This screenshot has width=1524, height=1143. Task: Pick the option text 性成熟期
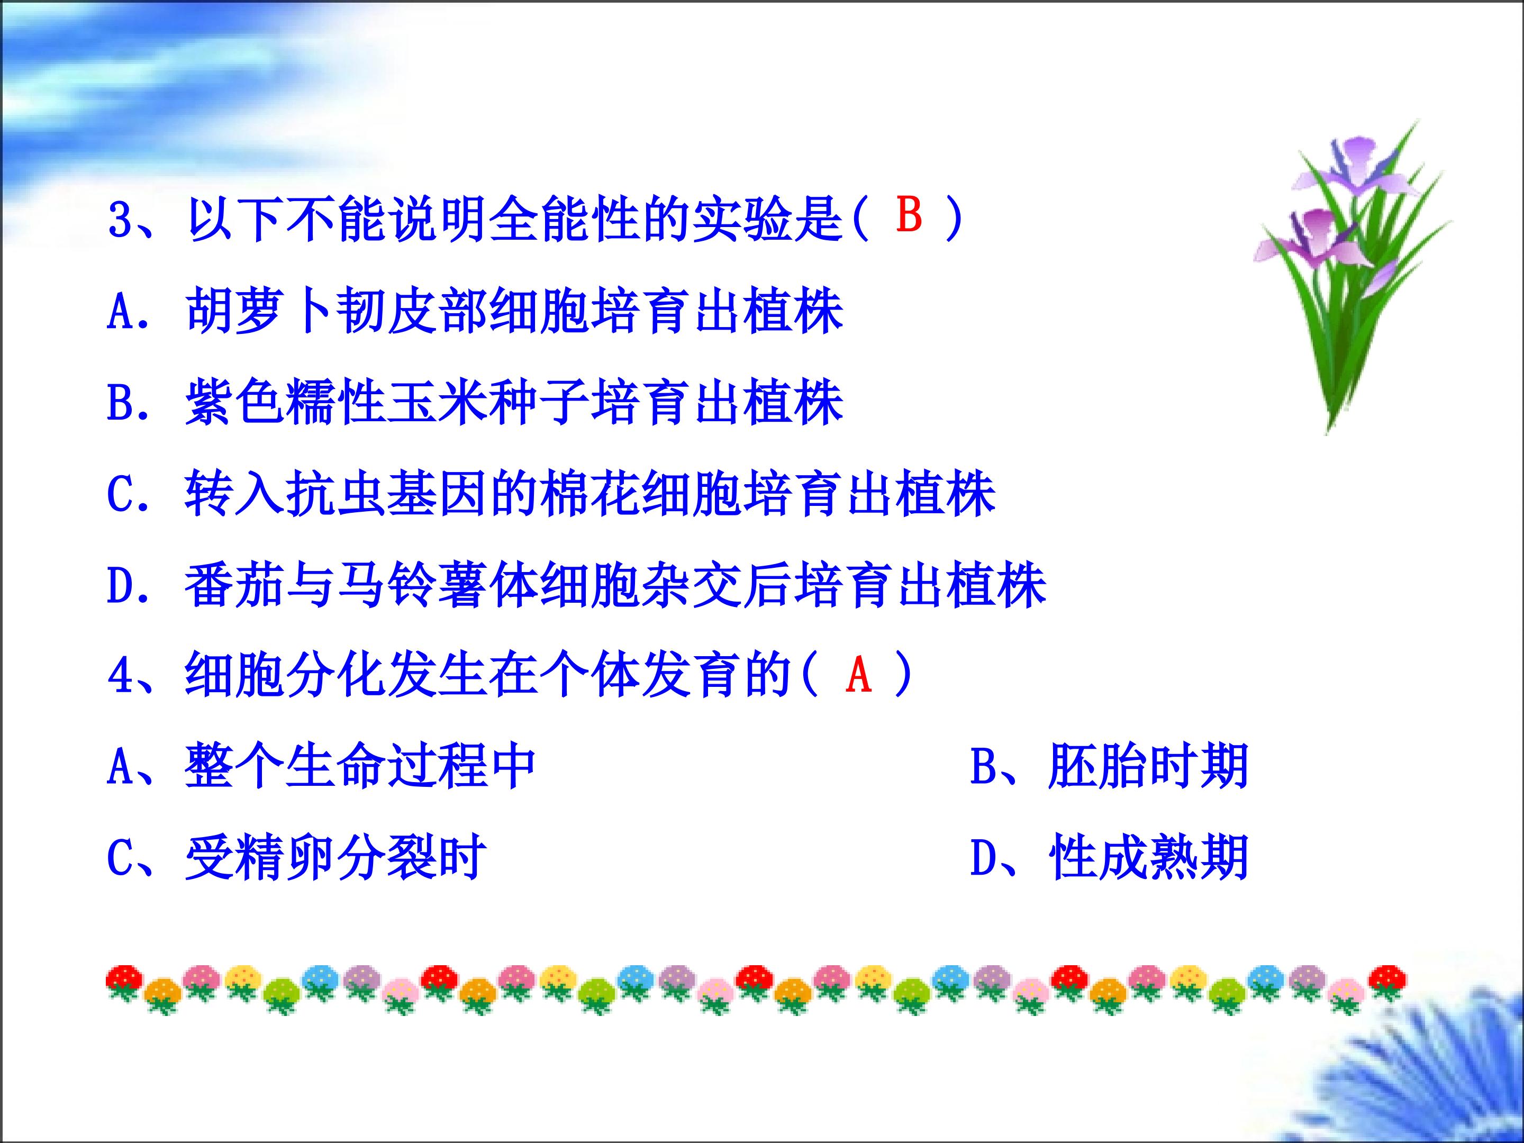(1148, 858)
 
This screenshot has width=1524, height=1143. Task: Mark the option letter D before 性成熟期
(983, 858)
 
